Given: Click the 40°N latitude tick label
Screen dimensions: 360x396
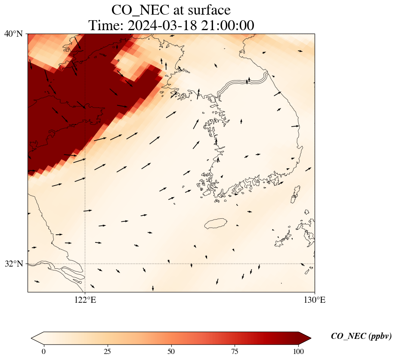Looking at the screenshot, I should tap(13, 34).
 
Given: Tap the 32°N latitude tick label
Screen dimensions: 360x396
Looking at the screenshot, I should tap(13, 264).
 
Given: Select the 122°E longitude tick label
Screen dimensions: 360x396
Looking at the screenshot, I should tap(85, 300).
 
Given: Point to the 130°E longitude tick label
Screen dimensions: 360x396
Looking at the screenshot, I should tap(315, 300).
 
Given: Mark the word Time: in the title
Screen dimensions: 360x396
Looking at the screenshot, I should tap(106, 25).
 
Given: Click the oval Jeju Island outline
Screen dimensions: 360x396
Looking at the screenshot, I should tap(216, 223).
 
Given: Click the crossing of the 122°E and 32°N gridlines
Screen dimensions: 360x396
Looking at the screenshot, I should tap(85, 264).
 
